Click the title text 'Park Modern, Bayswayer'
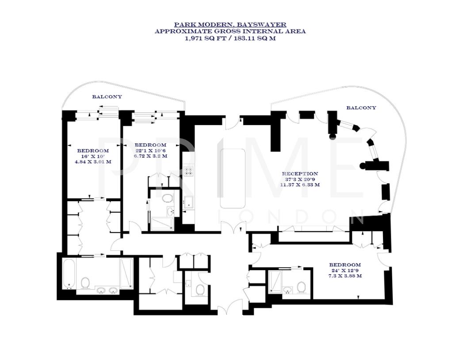[230, 25]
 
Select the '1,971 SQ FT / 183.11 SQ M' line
[230, 38]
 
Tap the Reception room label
[300, 174]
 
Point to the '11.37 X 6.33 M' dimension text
[300, 185]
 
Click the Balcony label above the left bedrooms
[107, 96]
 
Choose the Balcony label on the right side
[361, 107]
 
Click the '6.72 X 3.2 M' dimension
[151, 157]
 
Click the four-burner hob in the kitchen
[188, 171]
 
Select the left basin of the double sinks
[101, 291]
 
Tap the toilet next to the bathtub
[85, 283]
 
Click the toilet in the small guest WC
[199, 290]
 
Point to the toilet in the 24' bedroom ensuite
[302, 287]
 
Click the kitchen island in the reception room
[233, 178]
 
